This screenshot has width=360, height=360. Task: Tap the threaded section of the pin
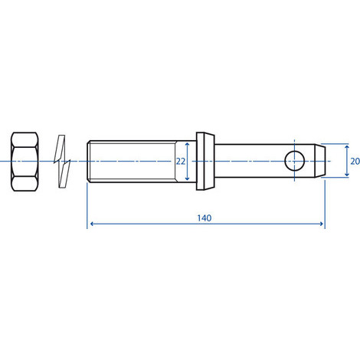(x=134, y=162)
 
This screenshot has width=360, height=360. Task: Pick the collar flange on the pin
(x=205, y=162)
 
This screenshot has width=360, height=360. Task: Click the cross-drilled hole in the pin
(x=293, y=162)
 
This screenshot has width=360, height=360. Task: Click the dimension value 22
(x=181, y=162)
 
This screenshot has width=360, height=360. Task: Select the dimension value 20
(x=353, y=162)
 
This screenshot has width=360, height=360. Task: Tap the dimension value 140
(x=204, y=218)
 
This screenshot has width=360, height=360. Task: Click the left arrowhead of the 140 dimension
(x=92, y=224)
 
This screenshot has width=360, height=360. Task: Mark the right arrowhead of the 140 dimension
(x=322, y=224)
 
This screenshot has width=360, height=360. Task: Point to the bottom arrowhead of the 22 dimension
(x=188, y=180)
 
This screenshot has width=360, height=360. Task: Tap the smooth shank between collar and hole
(x=249, y=162)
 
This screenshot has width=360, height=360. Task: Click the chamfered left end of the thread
(x=90, y=162)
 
